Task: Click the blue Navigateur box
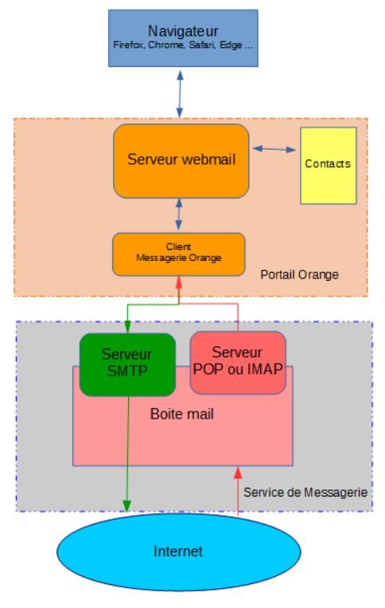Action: point(183,38)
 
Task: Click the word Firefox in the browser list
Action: point(129,45)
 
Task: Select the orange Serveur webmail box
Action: point(181,161)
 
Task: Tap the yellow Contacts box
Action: point(329,166)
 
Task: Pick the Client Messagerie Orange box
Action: point(179,255)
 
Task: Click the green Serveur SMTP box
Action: point(127,364)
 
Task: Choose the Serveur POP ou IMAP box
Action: point(238,363)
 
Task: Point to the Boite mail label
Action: point(182,414)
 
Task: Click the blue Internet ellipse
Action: point(179,551)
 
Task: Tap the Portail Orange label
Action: point(299,275)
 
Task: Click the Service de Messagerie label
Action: point(305,493)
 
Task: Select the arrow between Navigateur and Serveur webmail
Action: point(180,94)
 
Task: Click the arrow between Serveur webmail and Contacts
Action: point(274,149)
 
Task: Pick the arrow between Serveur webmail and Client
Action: point(179,213)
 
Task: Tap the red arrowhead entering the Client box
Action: point(179,283)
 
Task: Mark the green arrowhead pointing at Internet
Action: point(126,506)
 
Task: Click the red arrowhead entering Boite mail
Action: point(238,472)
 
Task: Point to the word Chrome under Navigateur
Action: point(166,45)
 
